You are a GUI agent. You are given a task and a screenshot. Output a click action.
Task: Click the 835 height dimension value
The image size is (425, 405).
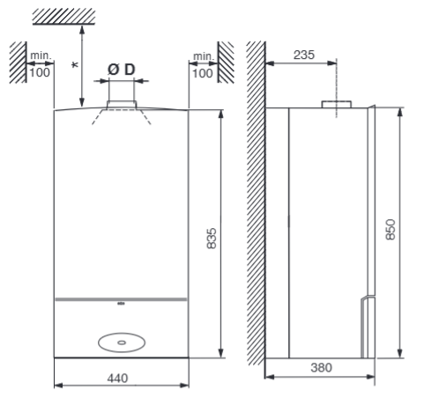[212, 239]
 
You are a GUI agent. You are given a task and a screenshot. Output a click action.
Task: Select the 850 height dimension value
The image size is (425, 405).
[391, 230]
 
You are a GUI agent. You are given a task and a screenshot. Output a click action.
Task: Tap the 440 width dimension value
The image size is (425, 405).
[117, 379]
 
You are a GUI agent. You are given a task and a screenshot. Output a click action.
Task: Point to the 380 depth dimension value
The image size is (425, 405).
[321, 367]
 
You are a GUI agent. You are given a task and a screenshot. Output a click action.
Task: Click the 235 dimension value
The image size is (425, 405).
[304, 55]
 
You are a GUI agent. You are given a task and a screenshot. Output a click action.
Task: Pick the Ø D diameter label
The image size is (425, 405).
[122, 70]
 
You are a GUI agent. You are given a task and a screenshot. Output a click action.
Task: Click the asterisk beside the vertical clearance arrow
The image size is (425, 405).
[75, 65]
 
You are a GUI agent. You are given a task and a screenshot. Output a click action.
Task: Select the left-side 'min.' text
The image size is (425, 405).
[41, 55]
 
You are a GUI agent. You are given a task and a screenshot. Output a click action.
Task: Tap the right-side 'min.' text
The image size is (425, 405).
[203, 56]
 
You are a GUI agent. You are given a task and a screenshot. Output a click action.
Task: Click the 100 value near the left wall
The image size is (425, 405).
[40, 73]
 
